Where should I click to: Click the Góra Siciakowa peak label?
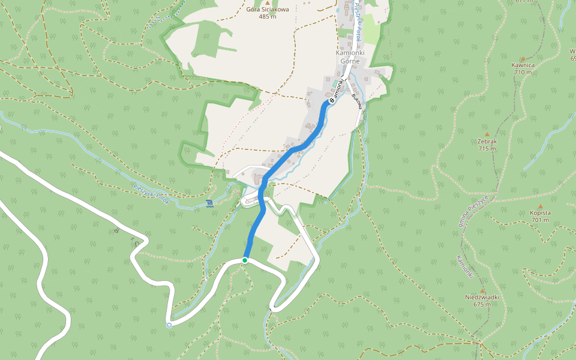tap(268, 10)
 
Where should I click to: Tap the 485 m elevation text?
tap(268, 17)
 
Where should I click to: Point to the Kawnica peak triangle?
tap(523, 59)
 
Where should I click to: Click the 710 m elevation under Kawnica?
tap(523, 72)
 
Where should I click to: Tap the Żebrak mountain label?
tap(487, 142)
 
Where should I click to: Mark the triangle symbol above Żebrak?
tap(487, 134)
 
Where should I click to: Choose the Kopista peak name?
tap(540, 212)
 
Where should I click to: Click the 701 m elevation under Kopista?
tap(540, 220)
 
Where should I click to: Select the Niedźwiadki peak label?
tap(482, 297)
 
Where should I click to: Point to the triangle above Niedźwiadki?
tap(482, 290)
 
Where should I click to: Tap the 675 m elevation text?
tap(482, 304)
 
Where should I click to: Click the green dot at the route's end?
tap(245, 260)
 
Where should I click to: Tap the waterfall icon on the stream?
tap(209, 203)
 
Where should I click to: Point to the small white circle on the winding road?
tap(169, 325)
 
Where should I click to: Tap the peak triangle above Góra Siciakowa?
tap(268, 3)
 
